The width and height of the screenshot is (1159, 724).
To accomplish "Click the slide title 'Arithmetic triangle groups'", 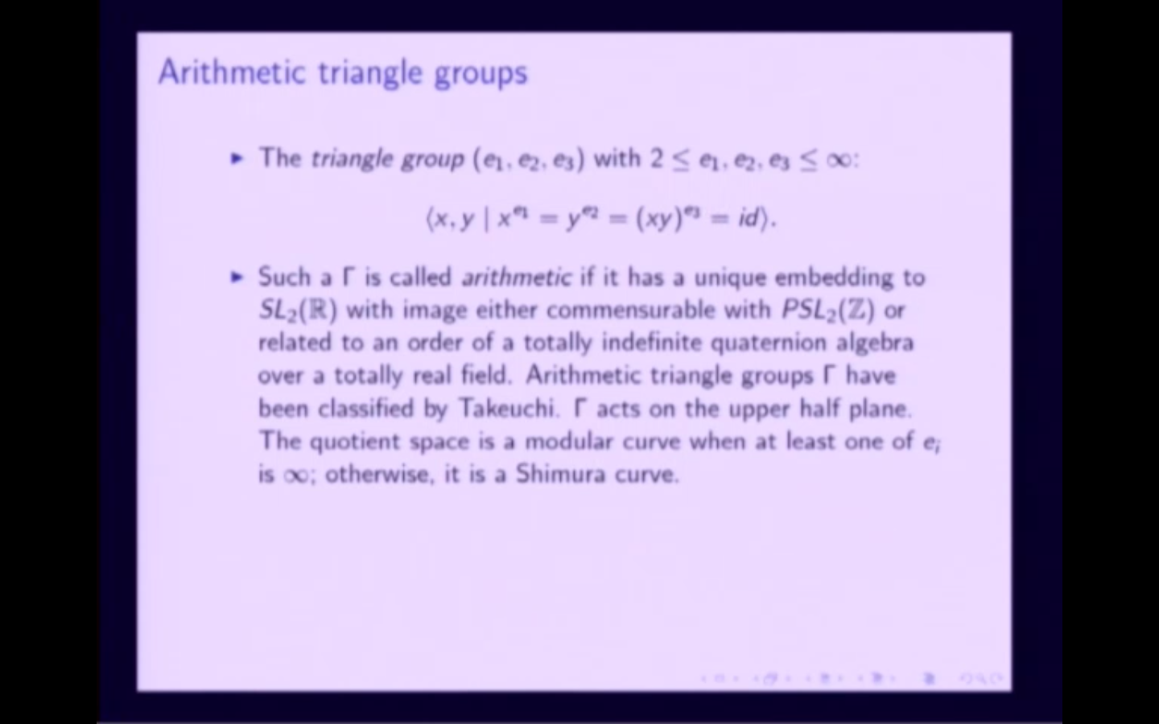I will pos(343,72).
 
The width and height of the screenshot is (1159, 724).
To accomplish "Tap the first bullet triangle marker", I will pos(237,158).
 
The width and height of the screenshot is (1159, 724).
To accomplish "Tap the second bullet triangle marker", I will pos(237,278).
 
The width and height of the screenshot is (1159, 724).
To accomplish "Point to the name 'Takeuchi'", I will pos(508,409).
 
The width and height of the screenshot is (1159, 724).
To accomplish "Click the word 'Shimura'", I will pos(560,474).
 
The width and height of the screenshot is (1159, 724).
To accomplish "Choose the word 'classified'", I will pos(365,409).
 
